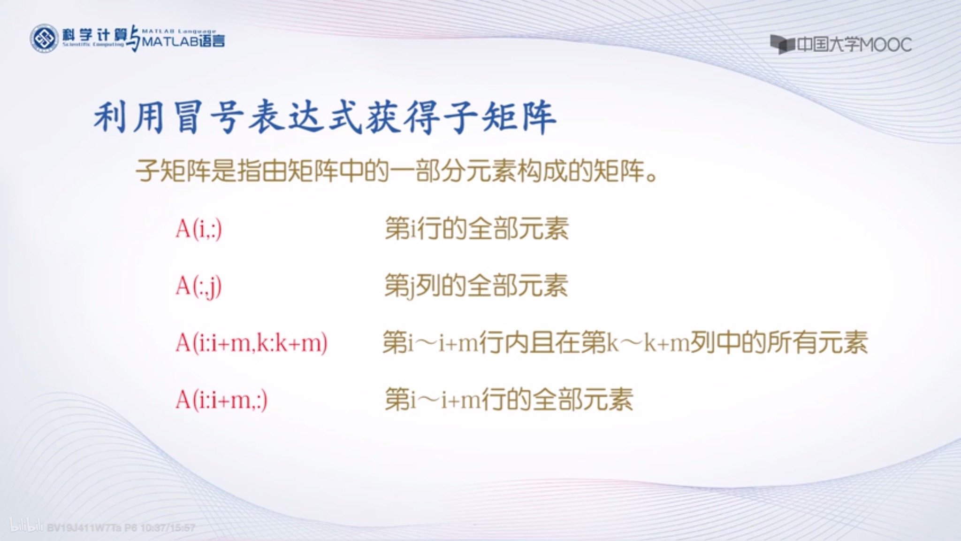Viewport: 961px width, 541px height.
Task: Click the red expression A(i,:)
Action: coord(198,229)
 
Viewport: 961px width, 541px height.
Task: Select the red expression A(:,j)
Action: coord(198,286)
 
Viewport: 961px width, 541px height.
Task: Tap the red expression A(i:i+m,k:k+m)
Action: coord(251,343)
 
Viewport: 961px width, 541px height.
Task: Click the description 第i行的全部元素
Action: coord(476,229)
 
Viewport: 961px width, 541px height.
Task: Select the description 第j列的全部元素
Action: coord(476,286)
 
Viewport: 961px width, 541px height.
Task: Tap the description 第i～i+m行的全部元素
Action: coord(509,400)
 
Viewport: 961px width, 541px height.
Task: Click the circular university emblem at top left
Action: coord(44,39)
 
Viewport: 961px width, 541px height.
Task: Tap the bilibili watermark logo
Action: coord(27,526)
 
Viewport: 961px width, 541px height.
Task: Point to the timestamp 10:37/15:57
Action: coord(168,528)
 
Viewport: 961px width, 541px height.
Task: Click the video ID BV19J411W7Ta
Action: coord(84,528)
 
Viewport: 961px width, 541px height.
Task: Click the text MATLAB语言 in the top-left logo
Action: coord(183,41)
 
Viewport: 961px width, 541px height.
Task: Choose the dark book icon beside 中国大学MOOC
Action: coord(781,45)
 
